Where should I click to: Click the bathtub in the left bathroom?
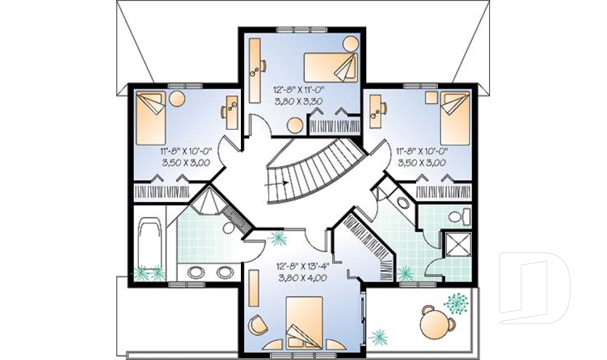tap(150, 244)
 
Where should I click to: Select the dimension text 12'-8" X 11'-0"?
tap(300, 89)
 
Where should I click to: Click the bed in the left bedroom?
tap(150, 119)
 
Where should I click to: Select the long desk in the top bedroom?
tap(255, 70)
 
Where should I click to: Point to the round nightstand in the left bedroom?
tap(177, 99)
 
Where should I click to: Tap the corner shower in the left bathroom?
tap(211, 203)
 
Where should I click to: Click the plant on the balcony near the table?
tap(457, 303)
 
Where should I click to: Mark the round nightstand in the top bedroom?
tap(350, 45)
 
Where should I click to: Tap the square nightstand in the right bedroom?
tap(432, 97)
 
